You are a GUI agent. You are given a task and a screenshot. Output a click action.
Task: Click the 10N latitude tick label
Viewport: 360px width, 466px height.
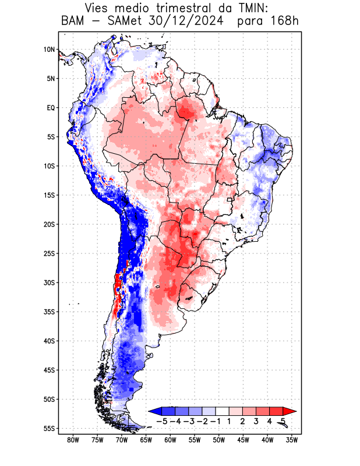50,50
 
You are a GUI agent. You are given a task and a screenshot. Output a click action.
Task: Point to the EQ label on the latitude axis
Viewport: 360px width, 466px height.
51,108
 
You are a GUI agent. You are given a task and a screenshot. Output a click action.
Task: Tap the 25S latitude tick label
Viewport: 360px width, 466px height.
50,253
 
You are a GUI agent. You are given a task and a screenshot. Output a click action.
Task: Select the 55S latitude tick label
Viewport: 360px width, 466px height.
50,428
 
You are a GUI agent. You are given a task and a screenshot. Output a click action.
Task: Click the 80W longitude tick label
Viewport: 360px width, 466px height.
73,440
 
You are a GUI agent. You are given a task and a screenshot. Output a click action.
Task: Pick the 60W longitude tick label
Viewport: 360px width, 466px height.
170,440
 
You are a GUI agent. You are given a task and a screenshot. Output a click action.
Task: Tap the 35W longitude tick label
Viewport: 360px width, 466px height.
291,440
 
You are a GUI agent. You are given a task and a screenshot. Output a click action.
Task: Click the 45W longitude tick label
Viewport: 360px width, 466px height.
243,440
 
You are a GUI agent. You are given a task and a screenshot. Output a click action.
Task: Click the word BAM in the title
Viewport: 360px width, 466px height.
73,22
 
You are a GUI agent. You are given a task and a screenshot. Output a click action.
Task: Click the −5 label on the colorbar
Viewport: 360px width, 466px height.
162,421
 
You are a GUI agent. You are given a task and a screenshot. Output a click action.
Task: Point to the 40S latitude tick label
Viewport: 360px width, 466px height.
50,341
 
